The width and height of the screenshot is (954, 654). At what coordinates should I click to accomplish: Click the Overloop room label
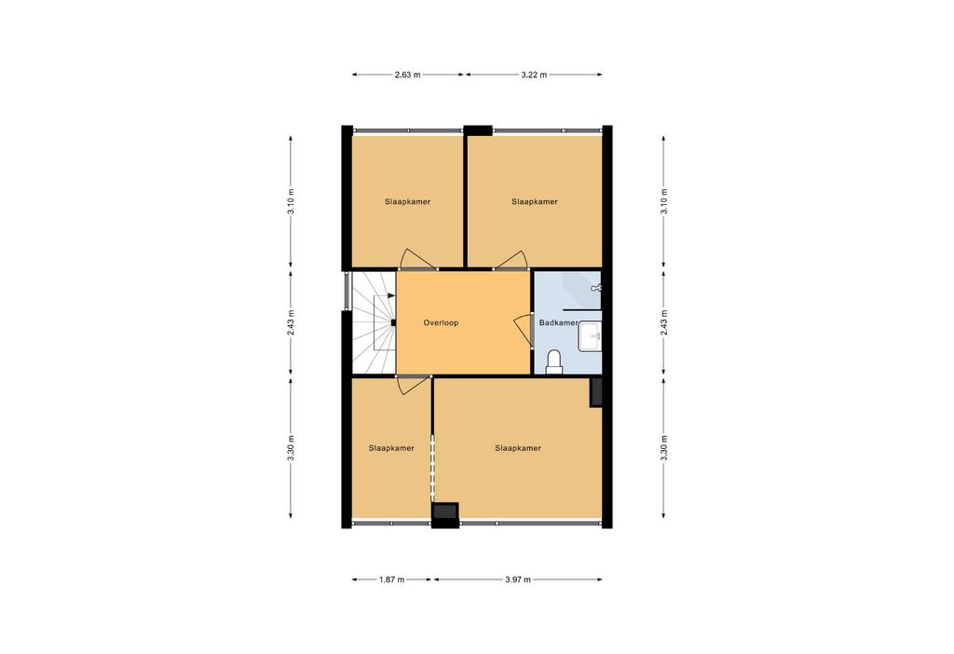441,323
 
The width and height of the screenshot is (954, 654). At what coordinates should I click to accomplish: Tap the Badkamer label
558,323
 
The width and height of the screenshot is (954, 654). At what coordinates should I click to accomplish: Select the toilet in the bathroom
554,361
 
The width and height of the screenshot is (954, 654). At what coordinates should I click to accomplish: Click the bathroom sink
590,336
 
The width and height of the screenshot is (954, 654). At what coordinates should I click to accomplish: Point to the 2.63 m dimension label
407,75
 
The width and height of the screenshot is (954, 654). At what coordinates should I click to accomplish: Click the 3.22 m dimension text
534,75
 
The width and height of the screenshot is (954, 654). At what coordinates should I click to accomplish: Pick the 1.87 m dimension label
391,579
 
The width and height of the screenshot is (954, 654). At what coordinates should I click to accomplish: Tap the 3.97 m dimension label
518,579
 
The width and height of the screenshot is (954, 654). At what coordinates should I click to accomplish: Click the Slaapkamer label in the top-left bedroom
408,202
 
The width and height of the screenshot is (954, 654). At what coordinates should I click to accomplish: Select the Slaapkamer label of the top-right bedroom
535,202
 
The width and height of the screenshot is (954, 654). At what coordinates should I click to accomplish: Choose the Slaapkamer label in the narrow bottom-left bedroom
391,448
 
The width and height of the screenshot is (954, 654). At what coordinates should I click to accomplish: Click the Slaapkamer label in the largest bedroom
518,448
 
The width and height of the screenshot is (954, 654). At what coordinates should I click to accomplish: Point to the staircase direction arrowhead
390,295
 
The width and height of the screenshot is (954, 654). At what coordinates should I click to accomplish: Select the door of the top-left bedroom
416,260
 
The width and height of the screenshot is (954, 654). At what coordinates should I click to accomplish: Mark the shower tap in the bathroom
596,289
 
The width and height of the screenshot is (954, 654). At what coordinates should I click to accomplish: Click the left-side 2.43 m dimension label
292,322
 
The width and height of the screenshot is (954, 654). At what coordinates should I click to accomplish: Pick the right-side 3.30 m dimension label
663,448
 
